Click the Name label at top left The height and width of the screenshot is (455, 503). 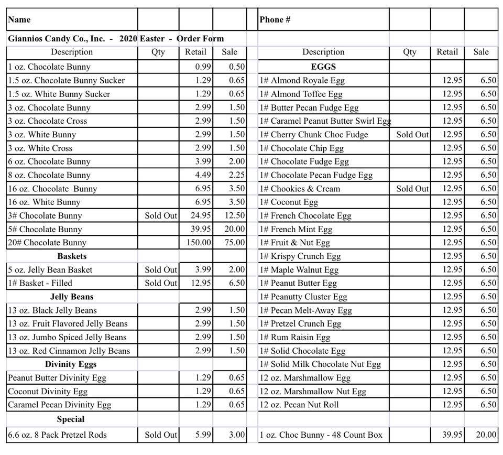pyautogui.click(x=19, y=20)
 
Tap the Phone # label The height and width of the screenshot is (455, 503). pyautogui.click(x=275, y=20)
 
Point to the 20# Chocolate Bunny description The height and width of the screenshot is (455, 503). pyautogui.click(x=47, y=243)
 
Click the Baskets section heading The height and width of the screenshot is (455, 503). pyautogui.click(x=72, y=256)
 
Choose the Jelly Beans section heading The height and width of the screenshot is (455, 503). pyautogui.click(x=72, y=297)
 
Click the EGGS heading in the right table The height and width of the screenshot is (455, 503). pyautogui.click(x=323, y=67)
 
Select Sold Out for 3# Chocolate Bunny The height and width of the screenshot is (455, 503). pyautogui.click(x=161, y=215)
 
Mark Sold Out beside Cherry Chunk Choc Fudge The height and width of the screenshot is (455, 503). pyautogui.click(x=412, y=135)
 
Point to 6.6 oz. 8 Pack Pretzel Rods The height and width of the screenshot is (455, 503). pyautogui.click(x=57, y=435)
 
